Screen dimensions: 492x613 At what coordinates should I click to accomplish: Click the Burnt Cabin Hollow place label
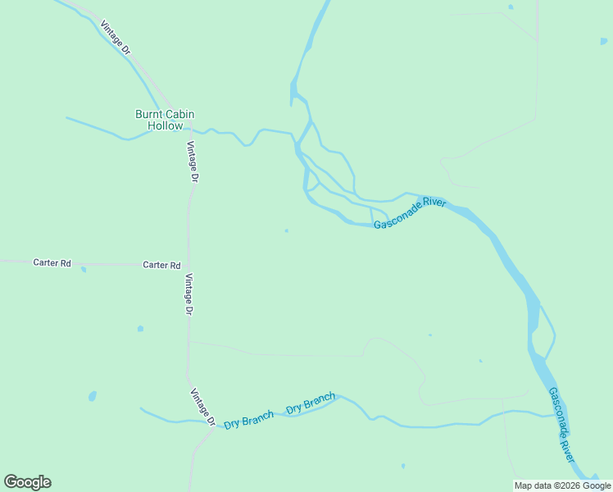(165, 120)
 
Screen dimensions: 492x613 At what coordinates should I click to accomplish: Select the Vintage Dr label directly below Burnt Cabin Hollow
(192, 162)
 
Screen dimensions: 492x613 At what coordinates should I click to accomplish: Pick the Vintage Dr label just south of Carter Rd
(188, 294)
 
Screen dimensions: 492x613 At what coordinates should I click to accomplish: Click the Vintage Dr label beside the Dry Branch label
(202, 408)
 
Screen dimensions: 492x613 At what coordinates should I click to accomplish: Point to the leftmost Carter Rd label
(52, 263)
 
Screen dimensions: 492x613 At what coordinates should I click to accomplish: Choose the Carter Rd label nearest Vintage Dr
(161, 265)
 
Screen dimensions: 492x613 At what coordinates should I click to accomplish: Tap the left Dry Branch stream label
(248, 419)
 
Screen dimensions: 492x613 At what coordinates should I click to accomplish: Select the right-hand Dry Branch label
(311, 403)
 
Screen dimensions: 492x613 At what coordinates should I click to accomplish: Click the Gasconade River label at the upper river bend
(410, 213)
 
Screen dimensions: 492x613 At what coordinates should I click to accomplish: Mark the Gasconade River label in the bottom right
(561, 425)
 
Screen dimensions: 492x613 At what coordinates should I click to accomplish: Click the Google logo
(27, 482)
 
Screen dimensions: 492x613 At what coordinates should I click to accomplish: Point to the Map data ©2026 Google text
(562, 485)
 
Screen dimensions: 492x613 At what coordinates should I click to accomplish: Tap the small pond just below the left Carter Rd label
(84, 269)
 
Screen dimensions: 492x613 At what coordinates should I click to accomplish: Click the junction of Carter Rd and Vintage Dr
(188, 265)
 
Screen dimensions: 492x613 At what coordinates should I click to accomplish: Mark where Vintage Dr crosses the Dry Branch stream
(215, 423)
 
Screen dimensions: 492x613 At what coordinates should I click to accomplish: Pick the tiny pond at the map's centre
(286, 230)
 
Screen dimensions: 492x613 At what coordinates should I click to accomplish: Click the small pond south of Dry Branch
(402, 467)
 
